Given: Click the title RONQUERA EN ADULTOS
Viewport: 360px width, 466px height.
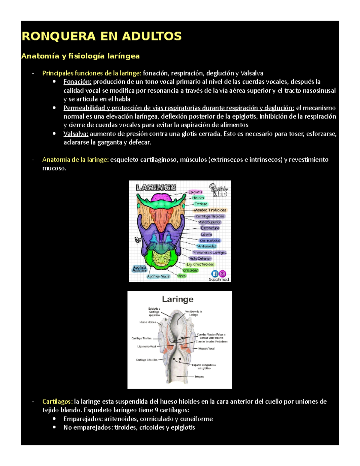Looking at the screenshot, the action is coord(102,36).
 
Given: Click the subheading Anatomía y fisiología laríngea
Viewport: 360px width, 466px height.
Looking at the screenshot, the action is coord(80,56).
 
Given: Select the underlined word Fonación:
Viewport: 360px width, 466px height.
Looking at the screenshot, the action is coord(77,82).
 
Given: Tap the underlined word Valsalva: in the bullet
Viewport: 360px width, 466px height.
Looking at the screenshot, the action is coord(76,134).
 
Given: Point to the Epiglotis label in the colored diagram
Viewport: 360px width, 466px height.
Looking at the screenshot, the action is coord(195,192).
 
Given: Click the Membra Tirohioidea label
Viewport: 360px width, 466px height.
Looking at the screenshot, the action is coord(210,210).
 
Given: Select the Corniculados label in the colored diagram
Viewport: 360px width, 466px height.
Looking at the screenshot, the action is coord(210,240).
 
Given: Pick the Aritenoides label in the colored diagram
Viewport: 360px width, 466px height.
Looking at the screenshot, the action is coord(207,246).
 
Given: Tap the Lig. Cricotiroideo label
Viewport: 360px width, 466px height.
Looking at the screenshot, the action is coord(200,264).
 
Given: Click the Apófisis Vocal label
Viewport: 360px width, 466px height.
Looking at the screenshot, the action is coord(158,276).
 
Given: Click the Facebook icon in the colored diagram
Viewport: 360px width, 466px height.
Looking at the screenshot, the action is coord(215,274).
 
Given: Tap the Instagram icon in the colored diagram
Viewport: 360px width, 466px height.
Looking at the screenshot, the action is coord(223,274).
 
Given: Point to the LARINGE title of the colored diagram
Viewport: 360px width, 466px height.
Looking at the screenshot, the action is coord(156,188).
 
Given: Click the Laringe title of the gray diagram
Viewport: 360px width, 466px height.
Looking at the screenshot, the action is coord(178,299).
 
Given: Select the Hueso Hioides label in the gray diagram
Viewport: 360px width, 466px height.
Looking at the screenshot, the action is coord(148,322).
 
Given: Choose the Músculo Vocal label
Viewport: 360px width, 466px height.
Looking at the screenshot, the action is coord(206,349).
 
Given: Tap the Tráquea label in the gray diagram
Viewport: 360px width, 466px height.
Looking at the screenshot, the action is coord(199,377).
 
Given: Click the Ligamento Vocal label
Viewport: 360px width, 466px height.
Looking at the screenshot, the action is coord(147,347).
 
